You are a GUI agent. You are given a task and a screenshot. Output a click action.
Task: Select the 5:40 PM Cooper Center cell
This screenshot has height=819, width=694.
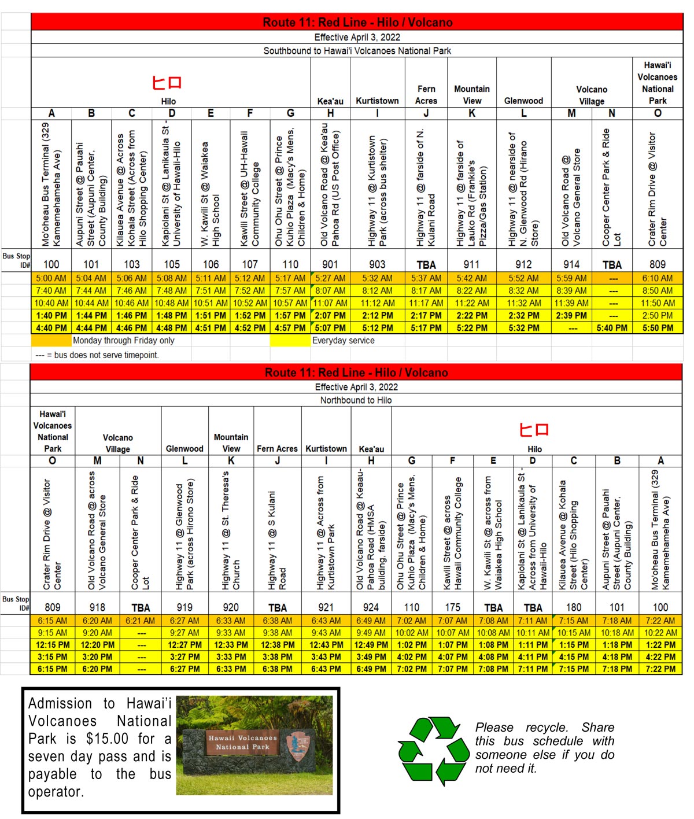pos(612,328)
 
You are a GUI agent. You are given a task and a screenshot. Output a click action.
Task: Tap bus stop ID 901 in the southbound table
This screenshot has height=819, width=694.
pos(330,264)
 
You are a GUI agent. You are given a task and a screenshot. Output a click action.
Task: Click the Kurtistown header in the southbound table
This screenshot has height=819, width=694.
pos(377,101)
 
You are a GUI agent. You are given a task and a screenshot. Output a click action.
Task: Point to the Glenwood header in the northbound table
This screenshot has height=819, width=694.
pos(184,449)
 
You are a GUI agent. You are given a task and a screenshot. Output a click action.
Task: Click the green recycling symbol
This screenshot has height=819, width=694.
pos(434,750)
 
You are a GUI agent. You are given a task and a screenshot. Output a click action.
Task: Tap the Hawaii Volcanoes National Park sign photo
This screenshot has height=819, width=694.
pos(254,746)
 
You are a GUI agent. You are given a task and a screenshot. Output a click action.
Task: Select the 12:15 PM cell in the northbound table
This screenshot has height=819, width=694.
pos(53,645)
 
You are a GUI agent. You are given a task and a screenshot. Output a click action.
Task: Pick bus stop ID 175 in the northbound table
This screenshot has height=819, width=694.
pos(453,607)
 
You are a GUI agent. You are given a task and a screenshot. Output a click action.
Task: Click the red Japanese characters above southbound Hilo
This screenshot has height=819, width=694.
pos(167,82)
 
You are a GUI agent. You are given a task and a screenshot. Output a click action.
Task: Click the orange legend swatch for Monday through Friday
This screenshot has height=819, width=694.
pos(51,341)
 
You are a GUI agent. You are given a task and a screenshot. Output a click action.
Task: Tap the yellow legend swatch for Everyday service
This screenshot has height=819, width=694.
pos(290,341)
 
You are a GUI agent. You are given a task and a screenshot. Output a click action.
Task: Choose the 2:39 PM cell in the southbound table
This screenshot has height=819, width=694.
pos(571,316)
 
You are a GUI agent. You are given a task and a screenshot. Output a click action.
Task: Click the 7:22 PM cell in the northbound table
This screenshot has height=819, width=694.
pos(660,669)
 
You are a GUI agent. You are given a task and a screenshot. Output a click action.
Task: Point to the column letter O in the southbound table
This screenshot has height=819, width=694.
pos(657,113)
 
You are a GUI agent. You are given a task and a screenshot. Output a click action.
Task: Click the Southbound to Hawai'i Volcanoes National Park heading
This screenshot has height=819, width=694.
pos(357,51)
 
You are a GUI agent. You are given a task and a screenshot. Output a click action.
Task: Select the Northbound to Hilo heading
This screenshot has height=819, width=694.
pos(356,400)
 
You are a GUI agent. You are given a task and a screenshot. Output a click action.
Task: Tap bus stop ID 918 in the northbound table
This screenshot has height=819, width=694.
pos(97,607)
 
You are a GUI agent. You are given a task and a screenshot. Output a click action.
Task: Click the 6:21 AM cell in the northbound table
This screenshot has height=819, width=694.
pos(141,621)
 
